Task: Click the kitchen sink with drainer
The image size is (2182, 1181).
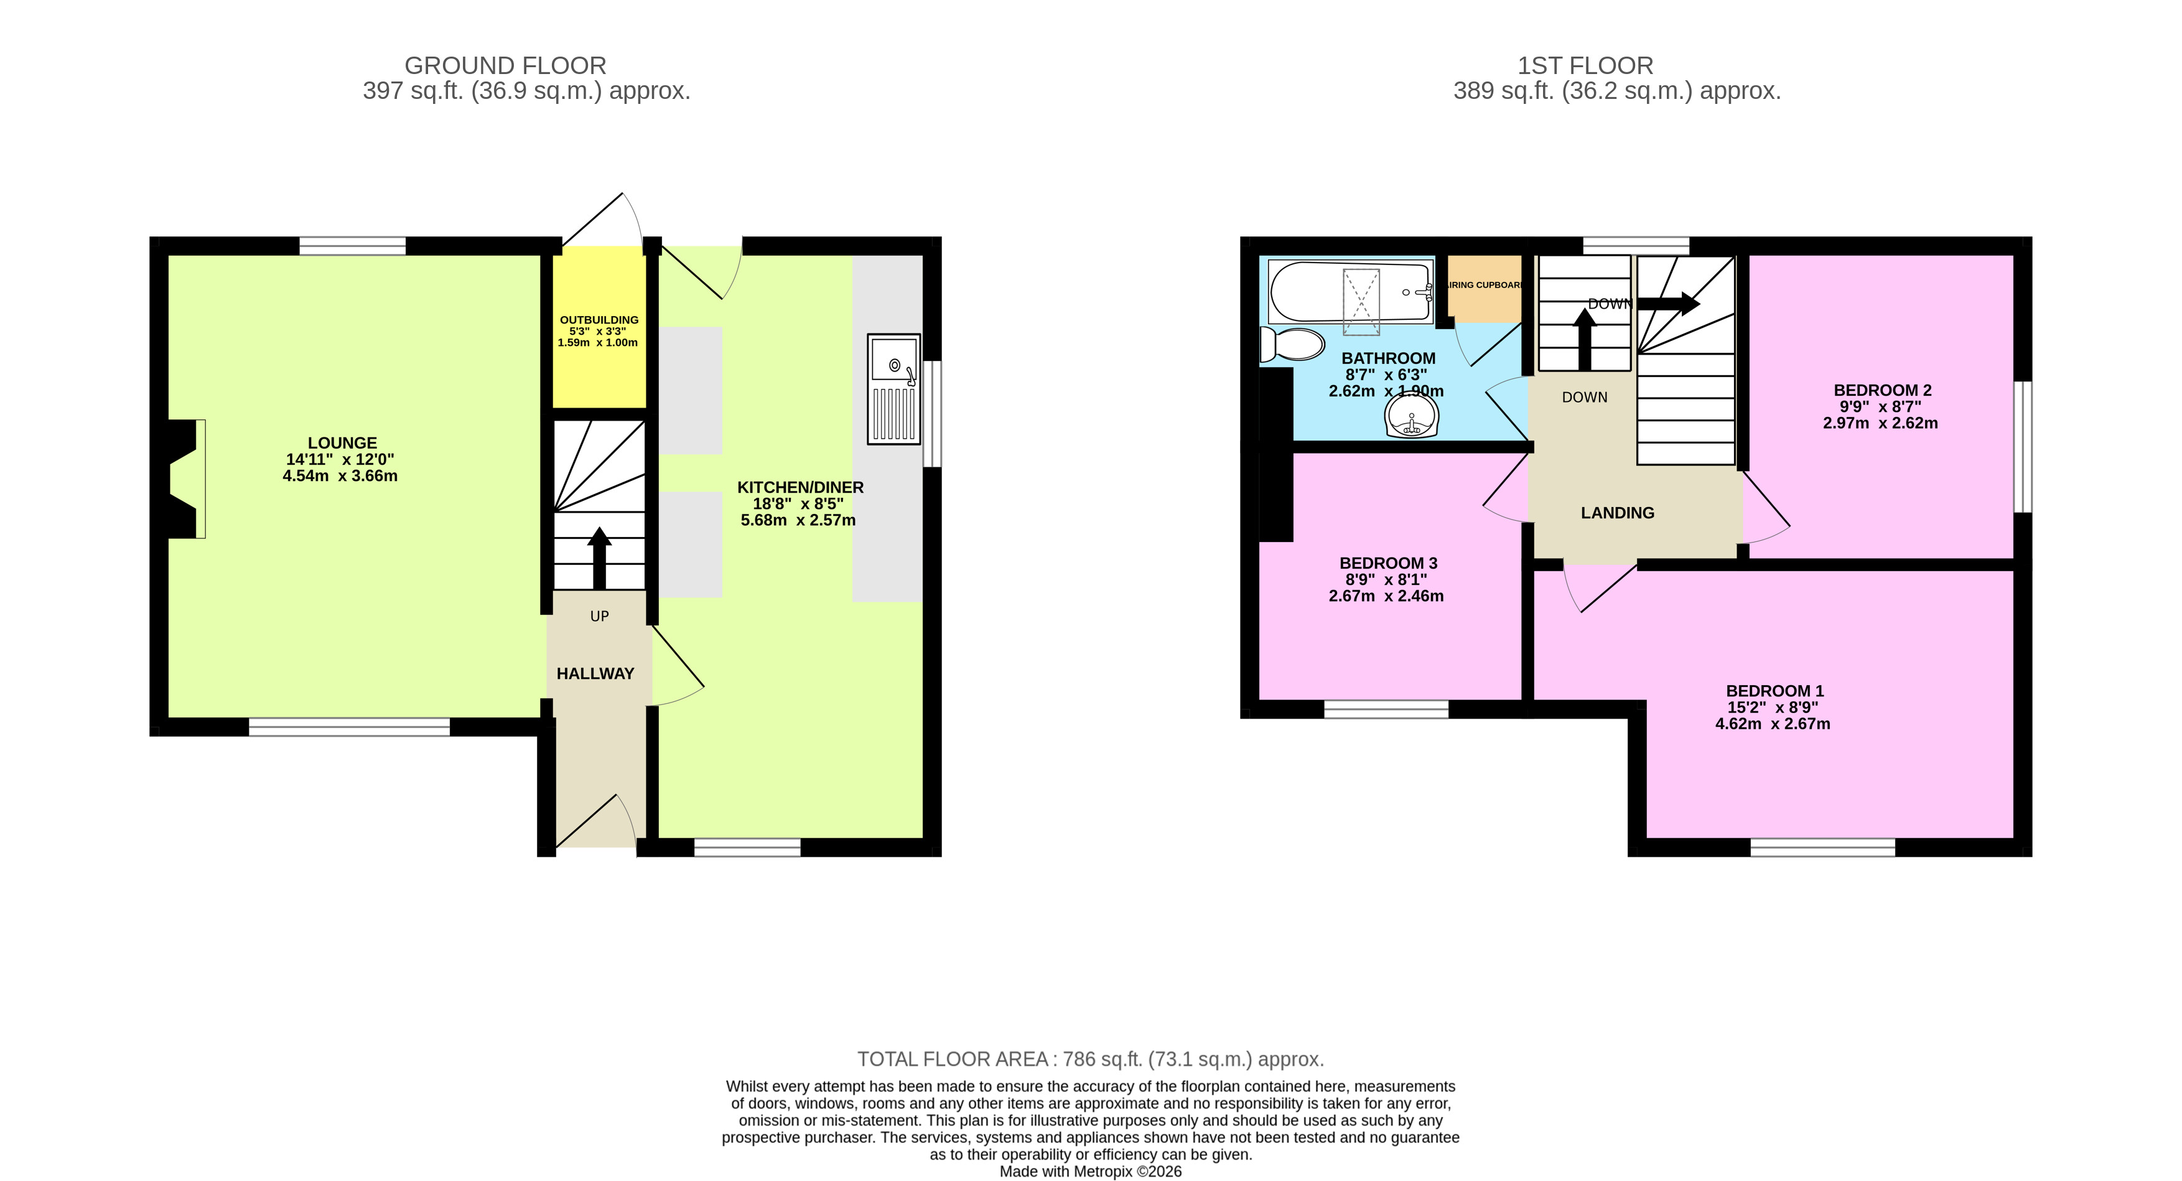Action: click(x=893, y=389)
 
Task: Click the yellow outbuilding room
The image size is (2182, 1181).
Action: click(x=599, y=330)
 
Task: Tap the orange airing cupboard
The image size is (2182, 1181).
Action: click(x=1484, y=288)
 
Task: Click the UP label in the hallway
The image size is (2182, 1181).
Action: click(x=599, y=616)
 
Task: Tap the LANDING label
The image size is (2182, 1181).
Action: click(x=1617, y=513)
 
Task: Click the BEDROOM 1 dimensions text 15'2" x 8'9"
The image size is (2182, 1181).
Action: click(x=1772, y=707)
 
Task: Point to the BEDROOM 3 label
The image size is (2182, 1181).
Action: click(x=1387, y=563)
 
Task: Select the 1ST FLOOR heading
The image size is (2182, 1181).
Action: click(x=1585, y=65)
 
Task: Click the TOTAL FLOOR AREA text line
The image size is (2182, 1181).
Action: click(x=1090, y=1059)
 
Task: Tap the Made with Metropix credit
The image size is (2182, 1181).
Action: click(x=1090, y=1172)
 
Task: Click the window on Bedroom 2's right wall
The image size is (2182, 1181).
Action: click(x=2022, y=447)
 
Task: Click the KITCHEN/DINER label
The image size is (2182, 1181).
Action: click(x=800, y=487)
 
